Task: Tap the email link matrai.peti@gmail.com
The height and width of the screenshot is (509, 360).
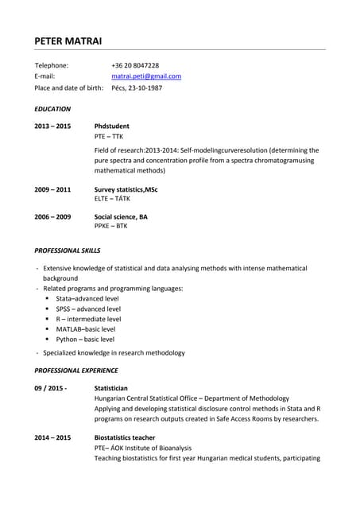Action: point(146,76)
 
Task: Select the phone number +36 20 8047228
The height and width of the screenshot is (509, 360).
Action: point(135,65)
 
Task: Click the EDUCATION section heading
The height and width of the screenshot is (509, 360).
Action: point(52,109)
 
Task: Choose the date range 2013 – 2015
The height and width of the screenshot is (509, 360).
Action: point(52,126)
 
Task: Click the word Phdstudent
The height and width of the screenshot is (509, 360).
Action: point(112,126)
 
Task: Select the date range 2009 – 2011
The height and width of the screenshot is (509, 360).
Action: point(52,190)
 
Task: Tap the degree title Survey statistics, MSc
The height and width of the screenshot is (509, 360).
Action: point(126,190)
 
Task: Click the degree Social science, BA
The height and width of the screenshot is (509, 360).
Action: point(121,216)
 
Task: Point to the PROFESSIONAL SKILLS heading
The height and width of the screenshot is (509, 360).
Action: point(67,251)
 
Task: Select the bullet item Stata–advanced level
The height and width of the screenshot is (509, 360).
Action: point(87,298)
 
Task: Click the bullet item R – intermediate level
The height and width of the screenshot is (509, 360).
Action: point(88,319)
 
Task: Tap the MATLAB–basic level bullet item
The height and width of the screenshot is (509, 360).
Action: point(85,329)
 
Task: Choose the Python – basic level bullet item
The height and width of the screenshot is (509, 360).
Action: point(85,340)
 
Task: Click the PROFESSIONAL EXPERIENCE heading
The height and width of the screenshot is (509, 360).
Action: point(76,370)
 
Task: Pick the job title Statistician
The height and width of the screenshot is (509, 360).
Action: point(111,388)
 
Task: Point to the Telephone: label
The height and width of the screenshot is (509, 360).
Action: point(52,65)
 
